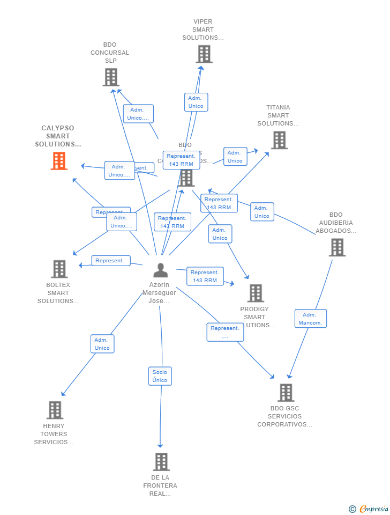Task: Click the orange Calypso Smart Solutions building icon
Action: tap(59, 161)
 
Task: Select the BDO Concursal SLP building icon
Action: tap(110, 77)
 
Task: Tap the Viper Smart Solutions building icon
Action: tap(204, 54)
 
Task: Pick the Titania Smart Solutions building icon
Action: tap(279, 140)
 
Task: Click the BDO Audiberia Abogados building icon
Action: tap(336, 247)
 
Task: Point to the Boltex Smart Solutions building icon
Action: tap(59, 269)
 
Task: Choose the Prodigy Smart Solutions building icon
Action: tap(255, 293)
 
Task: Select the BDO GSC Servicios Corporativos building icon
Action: tap(286, 393)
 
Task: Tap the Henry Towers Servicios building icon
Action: tap(55, 410)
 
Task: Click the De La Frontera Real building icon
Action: tap(161, 461)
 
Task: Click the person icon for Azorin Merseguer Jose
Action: tap(160, 270)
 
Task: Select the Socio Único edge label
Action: tap(160, 376)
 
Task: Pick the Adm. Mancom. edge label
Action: tap(310, 319)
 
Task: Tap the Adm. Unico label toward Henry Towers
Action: tap(102, 344)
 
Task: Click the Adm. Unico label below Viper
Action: tap(196, 102)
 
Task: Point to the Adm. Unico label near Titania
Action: tap(235, 157)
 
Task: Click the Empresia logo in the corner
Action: tap(369, 509)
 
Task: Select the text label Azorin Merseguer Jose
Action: tap(159, 293)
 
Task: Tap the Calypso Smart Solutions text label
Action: tap(58, 136)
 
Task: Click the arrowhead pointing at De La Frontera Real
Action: tap(160, 445)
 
